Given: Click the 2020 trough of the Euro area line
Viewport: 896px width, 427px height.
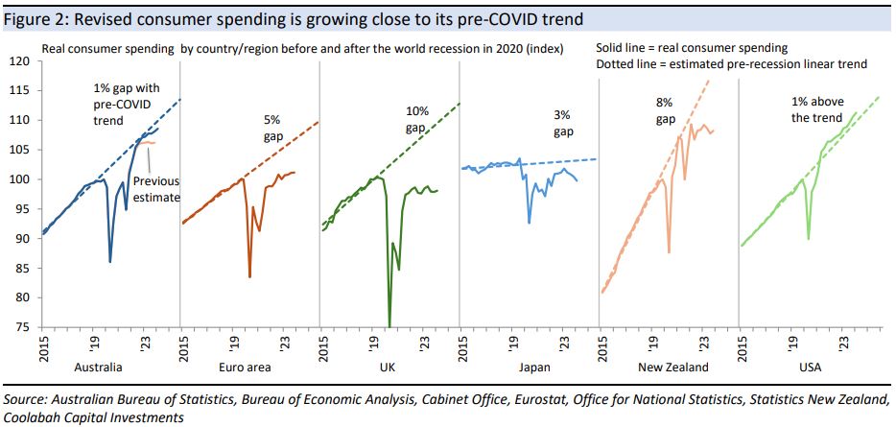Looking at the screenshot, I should pos(249,277).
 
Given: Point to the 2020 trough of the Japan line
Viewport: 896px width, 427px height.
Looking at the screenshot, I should pos(530,223).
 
